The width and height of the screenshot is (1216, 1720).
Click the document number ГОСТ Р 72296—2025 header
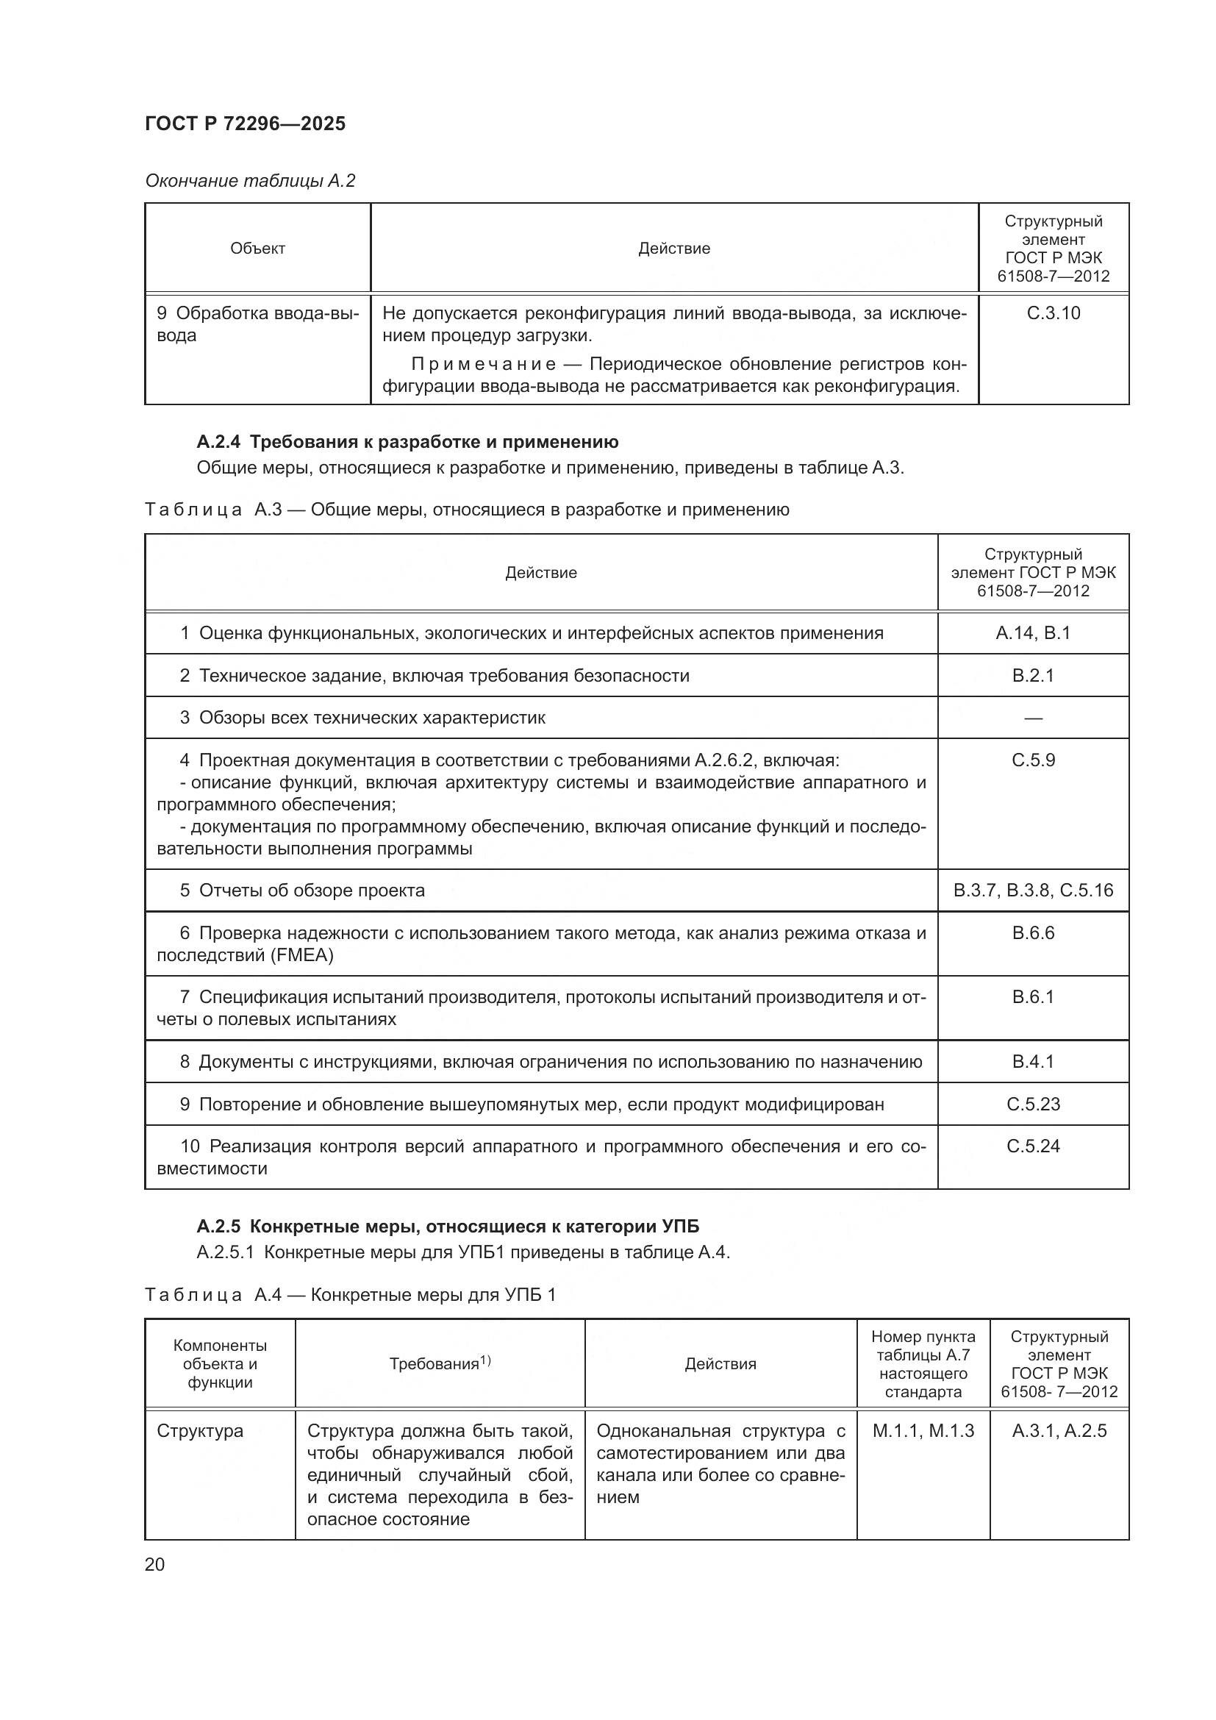click(x=245, y=124)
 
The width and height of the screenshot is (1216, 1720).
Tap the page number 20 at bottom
click(x=155, y=1564)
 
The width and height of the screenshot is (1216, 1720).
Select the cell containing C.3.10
click(x=1053, y=313)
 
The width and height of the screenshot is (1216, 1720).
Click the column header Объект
click(x=257, y=249)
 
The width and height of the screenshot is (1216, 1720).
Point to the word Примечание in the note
click(x=484, y=365)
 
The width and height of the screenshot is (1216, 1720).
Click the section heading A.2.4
click(x=407, y=442)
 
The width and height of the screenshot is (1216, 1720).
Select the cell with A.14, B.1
click(x=1032, y=633)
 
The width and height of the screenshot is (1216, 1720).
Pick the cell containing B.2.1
click(x=1032, y=676)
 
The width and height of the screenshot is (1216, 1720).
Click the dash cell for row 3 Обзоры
click(x=1032, y=718)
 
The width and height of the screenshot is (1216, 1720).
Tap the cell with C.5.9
click(x=1032, y=760)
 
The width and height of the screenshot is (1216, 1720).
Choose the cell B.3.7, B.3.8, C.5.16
click(x=1032, y=890)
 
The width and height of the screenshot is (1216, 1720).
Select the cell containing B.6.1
click(x=1032, y=997)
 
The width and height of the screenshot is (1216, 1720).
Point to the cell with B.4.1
click(x=1032, y=1062)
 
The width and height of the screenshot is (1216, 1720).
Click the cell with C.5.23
click(x=1032, y=1105)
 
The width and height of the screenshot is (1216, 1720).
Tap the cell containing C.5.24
click(x=1032, y=1146)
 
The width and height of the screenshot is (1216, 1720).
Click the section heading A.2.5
click(x=448, y=1227)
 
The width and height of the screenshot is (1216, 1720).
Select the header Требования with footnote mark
click(x=440, y=1363)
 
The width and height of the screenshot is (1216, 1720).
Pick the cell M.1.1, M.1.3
click(x=923, y=1431)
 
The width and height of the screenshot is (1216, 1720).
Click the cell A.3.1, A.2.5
click(x=1059, y=1431)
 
